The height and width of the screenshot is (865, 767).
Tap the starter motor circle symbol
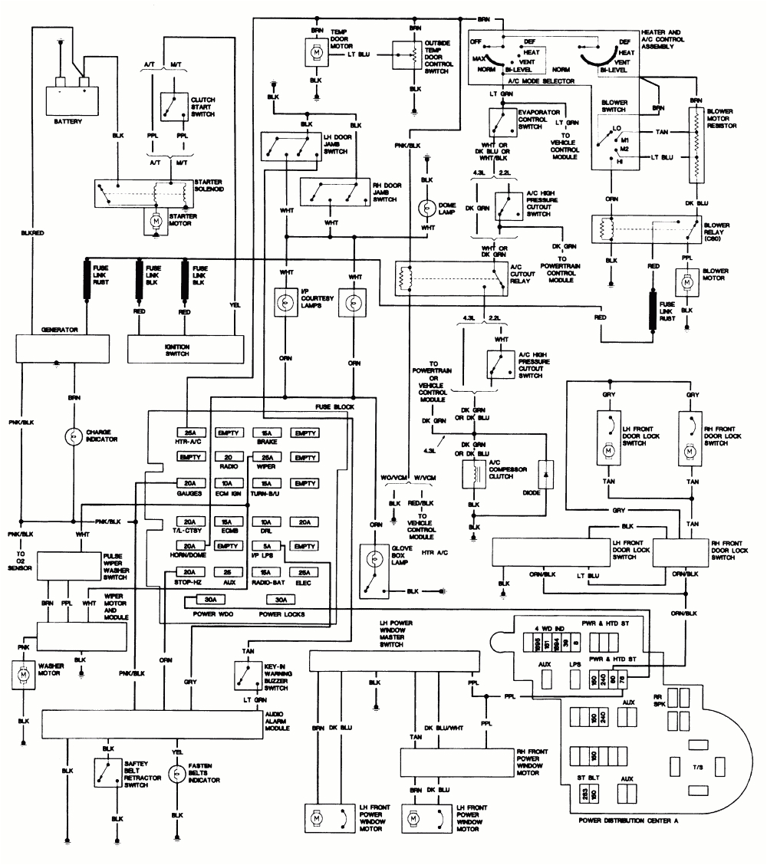[155, 221]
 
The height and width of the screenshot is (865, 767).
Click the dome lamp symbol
[428, 209]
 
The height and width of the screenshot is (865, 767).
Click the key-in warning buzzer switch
[245, 675]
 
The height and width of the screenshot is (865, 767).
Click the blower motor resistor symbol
[696, 145]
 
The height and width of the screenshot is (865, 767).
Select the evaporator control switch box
[503, 120]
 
